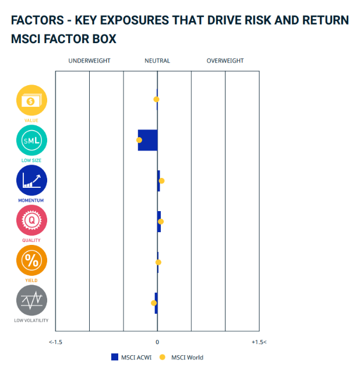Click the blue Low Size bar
(148, 140)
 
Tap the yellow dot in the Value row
(156, 99)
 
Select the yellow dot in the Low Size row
(139, 140)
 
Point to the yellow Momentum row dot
(161, 181)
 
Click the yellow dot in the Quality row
(161, 222)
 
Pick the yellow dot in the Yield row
(158, 262)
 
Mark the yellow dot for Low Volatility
(154, 303)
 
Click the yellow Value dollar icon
(31, 100)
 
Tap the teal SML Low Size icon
(31, 141)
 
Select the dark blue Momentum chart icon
(31, 181)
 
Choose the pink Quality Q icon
(31, 220)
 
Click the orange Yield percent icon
(31, 261)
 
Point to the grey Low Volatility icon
(31, 301)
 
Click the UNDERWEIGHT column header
(89, 61)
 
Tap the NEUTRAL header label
(157, 61)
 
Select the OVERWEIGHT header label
(225, 61)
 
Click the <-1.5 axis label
(56, 342)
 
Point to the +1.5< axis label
(259, 342)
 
